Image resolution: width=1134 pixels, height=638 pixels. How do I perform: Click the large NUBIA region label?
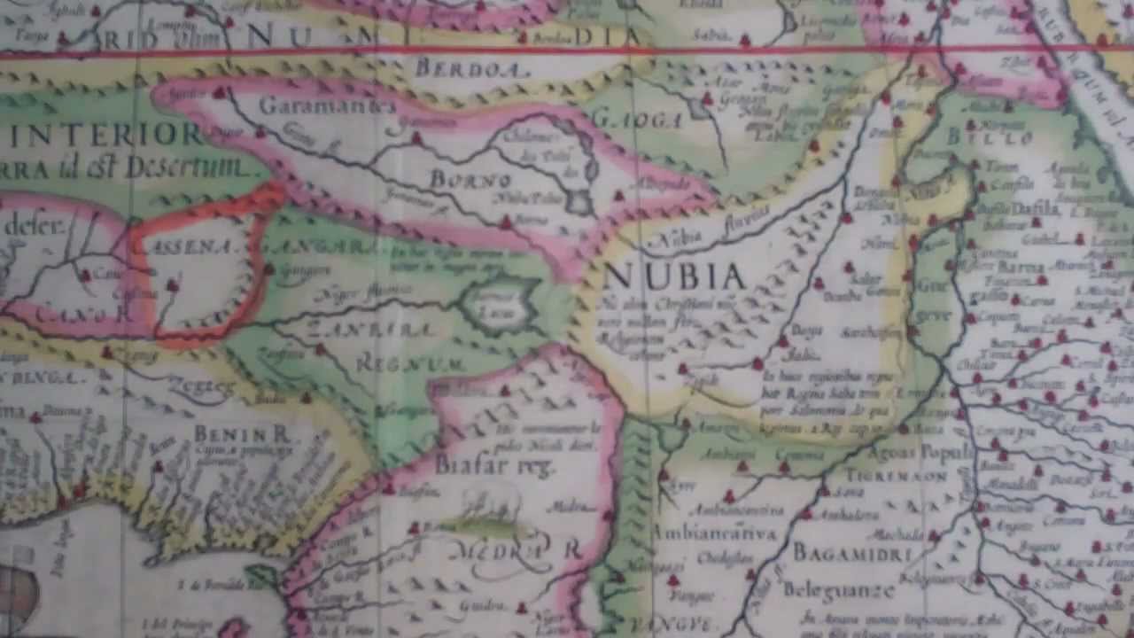[675, 276]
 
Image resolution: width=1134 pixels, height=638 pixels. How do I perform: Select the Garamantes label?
[327, 105]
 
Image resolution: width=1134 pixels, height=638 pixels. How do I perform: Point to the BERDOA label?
[472, 67]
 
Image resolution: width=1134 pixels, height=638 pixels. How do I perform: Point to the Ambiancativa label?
[714, 533]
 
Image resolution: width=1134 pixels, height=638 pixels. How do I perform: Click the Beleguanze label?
[838, 588]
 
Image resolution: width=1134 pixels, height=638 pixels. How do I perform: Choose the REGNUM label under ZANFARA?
[410, 364]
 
